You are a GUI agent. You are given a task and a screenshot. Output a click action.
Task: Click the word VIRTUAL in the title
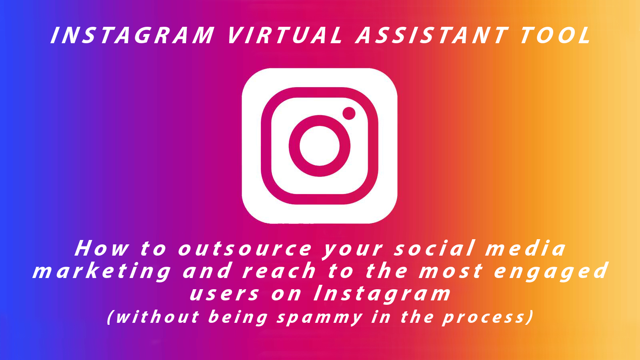(x=286, y=36)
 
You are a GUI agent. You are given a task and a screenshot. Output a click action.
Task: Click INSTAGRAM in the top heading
(x=132, y=36)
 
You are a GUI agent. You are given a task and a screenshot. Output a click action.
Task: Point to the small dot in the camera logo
(x=349, y=114)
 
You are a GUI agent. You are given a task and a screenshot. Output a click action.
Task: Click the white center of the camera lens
(x=320, y=146)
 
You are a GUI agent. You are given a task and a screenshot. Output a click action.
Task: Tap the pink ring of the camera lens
(x=294, y=146)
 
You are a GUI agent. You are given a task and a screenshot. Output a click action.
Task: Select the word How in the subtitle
(x=102, y=248)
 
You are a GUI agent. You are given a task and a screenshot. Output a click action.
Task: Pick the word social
(x=434, y=248)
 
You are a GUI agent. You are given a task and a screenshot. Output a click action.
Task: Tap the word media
(x=526, y=248)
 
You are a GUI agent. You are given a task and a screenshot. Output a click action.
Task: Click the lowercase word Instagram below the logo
(x=382, y=294)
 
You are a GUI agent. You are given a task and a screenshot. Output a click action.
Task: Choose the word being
(x=238, y=318)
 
